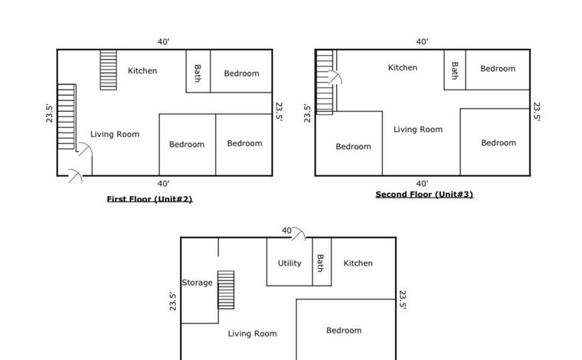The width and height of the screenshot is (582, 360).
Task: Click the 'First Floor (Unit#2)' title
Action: (x=149, y=199)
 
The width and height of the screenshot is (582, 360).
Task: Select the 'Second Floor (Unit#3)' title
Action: (x=424, y=195)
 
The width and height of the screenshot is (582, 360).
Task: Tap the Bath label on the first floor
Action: (x=198, y=73)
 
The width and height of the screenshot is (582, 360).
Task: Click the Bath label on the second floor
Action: (x=455, y=70)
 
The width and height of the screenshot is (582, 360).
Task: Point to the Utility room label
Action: (x=289, y=263)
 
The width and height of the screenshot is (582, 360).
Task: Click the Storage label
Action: (x=197, y=283)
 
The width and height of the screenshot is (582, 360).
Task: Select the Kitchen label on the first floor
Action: (x=142, y=71)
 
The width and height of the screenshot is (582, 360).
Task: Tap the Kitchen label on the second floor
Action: (x=403, y=67)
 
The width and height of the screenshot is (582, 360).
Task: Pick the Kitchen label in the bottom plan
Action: (x=358, y=263)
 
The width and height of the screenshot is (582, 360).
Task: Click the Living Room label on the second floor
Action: (x=418, y=129)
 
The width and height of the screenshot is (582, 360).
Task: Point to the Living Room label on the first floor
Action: (x=115, y=134)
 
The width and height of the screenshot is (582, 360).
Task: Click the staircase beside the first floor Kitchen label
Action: (x=109, y=70)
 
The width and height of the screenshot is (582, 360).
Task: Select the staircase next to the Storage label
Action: (x=226, y=290)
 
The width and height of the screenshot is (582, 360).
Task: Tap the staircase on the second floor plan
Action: (x=324, y=82)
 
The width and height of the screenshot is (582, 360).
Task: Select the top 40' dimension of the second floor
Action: (x=422, y=42)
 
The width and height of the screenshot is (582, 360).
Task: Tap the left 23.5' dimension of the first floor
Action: (x=49, y=113)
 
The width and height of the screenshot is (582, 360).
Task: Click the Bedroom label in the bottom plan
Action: (x=344, y=330)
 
